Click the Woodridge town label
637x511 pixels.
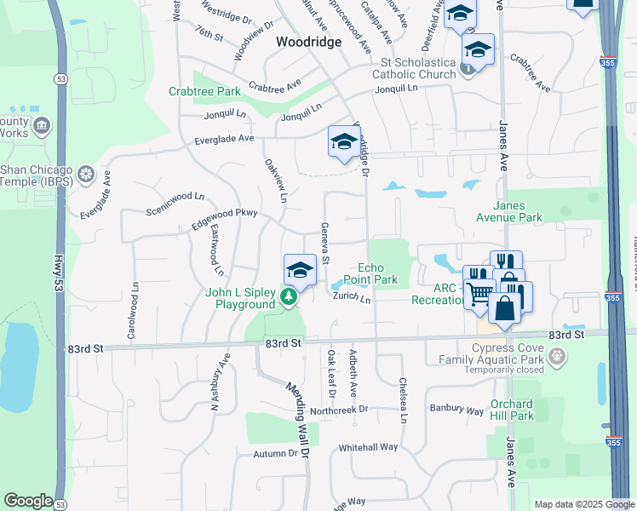(308, 41)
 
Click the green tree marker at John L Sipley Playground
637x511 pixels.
(290, 297)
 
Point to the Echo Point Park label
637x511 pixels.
(371, 273)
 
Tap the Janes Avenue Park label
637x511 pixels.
(529, 211)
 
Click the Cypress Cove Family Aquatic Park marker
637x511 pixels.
(557, 356)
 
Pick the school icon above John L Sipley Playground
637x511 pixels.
(300, 270)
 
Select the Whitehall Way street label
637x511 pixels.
(369, 447)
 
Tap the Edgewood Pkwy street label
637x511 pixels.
(225, 217)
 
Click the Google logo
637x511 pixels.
(28, 501)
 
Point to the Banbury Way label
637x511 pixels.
(456, 410)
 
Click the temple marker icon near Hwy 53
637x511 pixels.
(85, 175)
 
